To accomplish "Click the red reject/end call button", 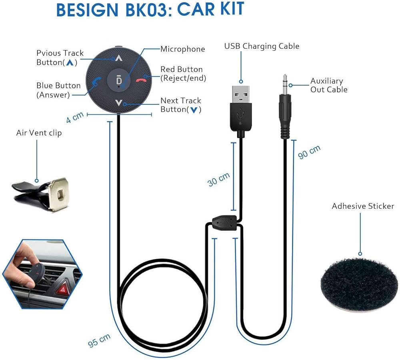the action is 141,80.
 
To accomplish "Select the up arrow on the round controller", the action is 118,58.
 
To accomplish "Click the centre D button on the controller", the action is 118,80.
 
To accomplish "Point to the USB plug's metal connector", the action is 240,94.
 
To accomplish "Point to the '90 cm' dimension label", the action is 309,152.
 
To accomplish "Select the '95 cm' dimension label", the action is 99,340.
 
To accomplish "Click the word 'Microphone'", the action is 183,49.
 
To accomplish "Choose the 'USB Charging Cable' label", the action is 262,46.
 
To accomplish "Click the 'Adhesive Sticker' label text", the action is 363,206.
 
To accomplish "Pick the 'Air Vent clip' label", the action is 39,133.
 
